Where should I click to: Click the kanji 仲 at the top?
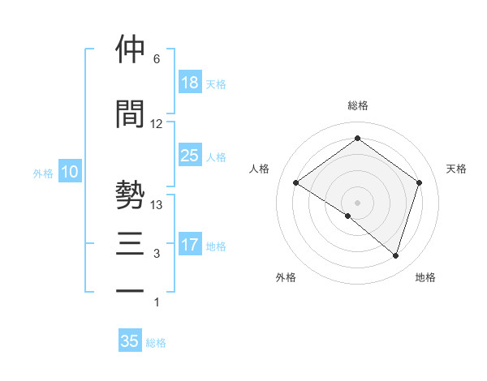(x=131, y=49)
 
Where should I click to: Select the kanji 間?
(x=131, y=113)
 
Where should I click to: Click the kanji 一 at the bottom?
(x=131, y=289)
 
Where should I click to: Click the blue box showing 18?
(x=190, y=83)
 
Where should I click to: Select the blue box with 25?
(x=190, y=156)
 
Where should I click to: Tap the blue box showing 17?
(x=190, y=245)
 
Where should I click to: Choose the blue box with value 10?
(x=70, y=172)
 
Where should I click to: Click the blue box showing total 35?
(x=130, y=341)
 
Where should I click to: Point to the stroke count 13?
(x=157, y=205)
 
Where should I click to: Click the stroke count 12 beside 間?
(x=157, y=124)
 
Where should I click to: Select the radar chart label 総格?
(x=357, y=105)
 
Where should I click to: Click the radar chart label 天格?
(x=457, y=169)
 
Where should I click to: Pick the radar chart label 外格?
(x=286, y=277)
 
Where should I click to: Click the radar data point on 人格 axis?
(x=296, y=183)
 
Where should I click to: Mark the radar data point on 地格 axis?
(x=395, y=255)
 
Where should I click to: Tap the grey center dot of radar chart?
(x=357, y=202)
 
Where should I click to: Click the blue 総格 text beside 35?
(x=157, y=343)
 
